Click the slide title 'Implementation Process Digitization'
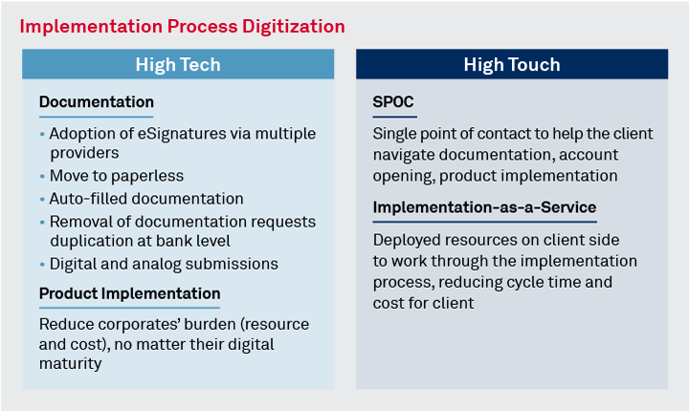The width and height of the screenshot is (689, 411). click(x=182, y=25)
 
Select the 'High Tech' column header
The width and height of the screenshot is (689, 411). click(x=178, y=65)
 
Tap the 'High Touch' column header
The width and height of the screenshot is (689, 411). click(x=512, y=65)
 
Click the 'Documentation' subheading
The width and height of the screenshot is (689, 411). click(x=96, y=101)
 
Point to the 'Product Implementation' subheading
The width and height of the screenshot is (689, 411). click(x=129, y=293)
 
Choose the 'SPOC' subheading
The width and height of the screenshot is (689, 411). click(x=393, y=101)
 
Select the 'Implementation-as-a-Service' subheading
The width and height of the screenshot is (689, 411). click(x=484, y=207)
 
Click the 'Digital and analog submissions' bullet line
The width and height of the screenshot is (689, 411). click(x=164, y=263)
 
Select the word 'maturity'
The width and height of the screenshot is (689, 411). click(x=70, y=363)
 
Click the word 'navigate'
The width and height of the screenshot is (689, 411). click(x=406, y=153)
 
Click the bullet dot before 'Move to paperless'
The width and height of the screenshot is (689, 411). click(x=42, y=177)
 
